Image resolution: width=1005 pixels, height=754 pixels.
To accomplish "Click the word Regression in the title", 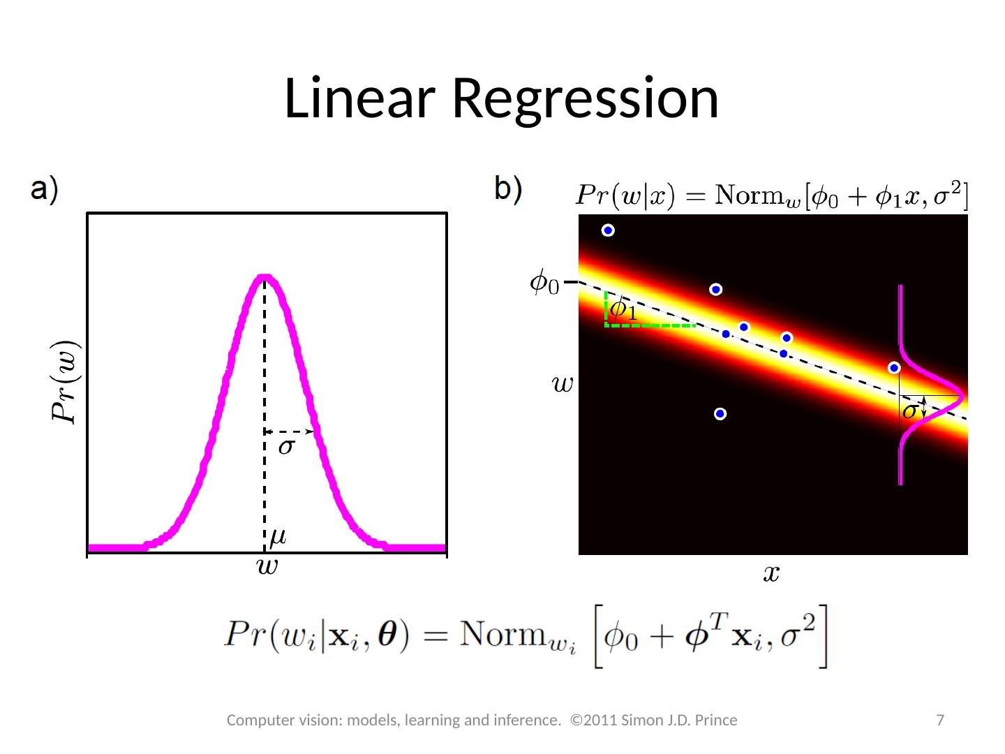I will (x=585, y=98).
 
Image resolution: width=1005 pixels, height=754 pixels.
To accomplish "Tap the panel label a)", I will (x=43, y=190).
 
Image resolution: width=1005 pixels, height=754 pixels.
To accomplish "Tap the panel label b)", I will (x=507, y=190).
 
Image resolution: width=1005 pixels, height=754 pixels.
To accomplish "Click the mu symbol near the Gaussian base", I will (x=278, y=536).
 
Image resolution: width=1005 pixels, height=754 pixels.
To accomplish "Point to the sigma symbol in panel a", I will (x=286, y=447).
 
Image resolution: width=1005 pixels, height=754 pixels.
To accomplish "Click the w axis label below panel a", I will (x=267, y=566).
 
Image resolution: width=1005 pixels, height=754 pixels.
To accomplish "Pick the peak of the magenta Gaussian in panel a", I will (x=265, y=277).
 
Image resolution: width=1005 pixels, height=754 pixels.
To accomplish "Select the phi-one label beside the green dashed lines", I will (x=623, y=309).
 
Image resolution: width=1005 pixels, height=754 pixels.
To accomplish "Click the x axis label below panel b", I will (x=771, y=574).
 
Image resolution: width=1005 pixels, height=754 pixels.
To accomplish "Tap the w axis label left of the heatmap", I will (x=563, y=383).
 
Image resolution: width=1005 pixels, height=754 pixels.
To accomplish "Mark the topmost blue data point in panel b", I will (x=609, y=230).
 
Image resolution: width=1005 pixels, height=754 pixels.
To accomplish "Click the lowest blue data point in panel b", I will (x=720, y=414).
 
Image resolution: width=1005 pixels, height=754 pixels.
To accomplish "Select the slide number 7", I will (x=940, y=720).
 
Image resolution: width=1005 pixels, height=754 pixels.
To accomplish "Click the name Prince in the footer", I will (x=715, y=720).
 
